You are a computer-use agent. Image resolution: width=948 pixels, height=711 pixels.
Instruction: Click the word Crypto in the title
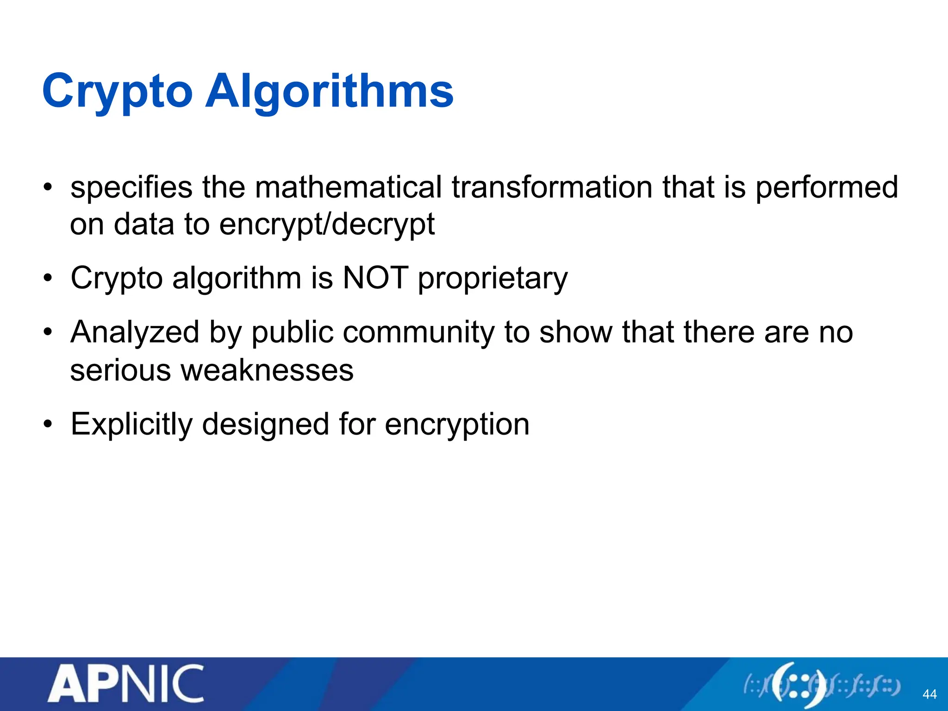click(117, 92)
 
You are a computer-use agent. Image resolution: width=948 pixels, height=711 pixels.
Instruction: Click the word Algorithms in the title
click(329, 92)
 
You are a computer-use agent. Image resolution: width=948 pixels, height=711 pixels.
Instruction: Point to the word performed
click(827, 187)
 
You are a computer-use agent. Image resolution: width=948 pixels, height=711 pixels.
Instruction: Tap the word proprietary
click(493, 279)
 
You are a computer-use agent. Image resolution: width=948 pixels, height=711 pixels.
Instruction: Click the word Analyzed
click(135, 333)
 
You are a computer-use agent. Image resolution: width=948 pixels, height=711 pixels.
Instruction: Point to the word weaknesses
click(267, 370)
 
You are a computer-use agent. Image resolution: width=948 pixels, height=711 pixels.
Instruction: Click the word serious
click(120, 370)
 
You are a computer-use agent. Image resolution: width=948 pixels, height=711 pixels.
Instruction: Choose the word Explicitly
click(131, 424)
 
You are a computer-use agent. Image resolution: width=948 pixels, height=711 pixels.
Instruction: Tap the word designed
click(266, 424)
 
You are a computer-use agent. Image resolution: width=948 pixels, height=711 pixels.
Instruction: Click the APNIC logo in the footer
click(125, 684)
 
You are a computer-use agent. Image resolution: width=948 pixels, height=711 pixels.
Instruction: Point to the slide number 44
click(929, 694)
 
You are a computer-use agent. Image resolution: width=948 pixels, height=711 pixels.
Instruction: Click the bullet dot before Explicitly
click(48, 424)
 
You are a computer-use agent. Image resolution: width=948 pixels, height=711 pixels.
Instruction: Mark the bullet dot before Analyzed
click(48, 333)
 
